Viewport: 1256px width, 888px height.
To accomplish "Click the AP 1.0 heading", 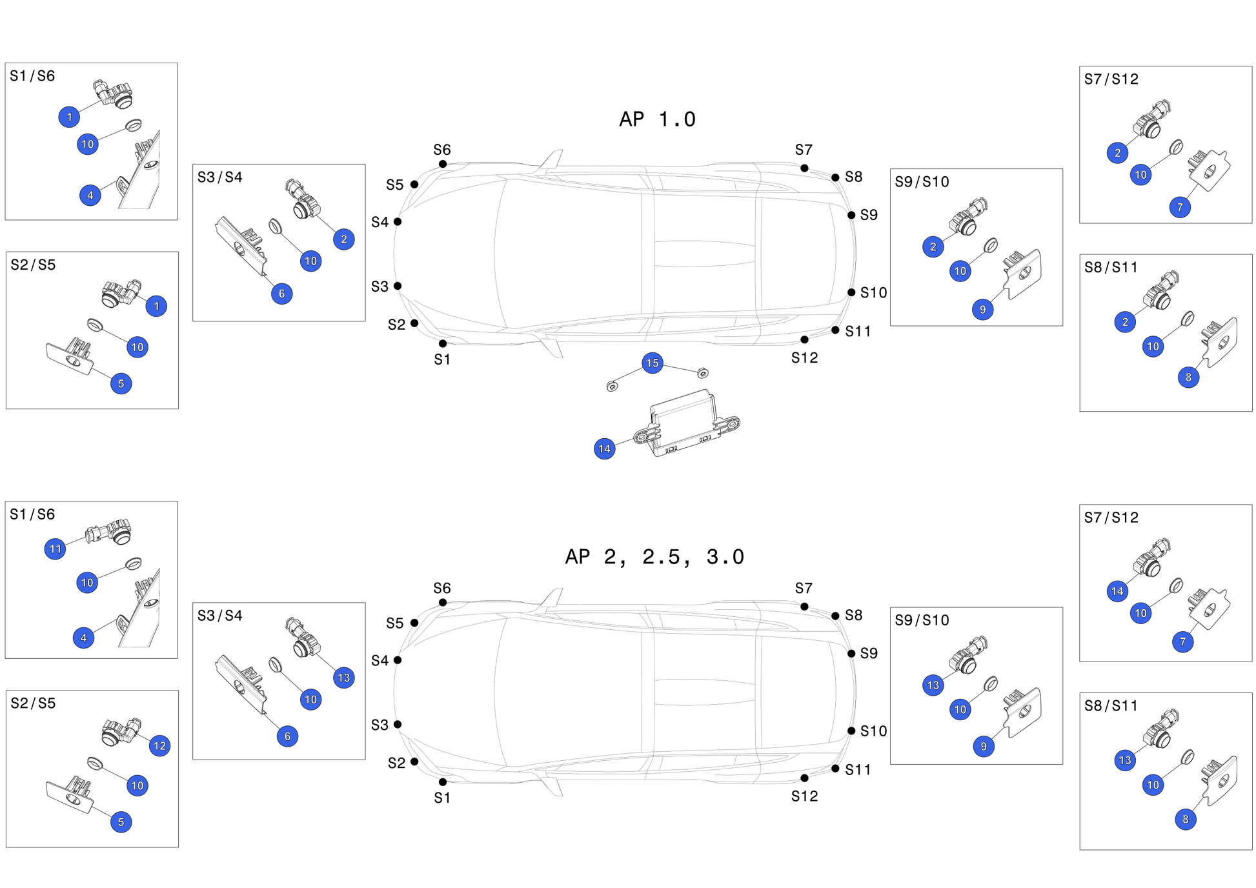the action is (657, 119).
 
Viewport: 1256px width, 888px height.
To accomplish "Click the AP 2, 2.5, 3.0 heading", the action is (654, 557).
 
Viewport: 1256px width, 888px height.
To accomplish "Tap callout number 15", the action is (653, 363).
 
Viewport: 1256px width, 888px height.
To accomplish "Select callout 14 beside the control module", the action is (605, 449).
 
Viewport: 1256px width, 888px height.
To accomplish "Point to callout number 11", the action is (56, 549).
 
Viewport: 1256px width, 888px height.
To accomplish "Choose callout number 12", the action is (159, 746).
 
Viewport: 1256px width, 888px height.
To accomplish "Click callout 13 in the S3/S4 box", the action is (344, 678).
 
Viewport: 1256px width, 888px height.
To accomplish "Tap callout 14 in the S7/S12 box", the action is (1117, 591).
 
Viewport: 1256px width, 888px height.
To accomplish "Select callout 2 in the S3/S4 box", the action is (344, 239).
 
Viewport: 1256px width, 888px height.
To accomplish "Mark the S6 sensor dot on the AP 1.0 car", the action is (443, 164).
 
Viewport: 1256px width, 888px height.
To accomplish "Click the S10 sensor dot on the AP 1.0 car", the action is (851, 292).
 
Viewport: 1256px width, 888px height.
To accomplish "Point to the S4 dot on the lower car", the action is (398, 660).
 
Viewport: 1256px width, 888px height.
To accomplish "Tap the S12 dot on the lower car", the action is (804, 778).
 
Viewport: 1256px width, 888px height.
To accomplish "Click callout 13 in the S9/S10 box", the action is (933, 685).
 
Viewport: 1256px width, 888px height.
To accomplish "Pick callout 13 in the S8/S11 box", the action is (1125, 760).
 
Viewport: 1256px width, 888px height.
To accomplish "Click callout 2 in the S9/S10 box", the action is (933, 247).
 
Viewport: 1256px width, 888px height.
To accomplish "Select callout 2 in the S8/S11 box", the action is (1125, 322).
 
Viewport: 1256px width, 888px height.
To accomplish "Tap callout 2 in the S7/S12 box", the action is (1117, 153).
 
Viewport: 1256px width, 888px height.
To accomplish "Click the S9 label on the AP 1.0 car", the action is (869, 215).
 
